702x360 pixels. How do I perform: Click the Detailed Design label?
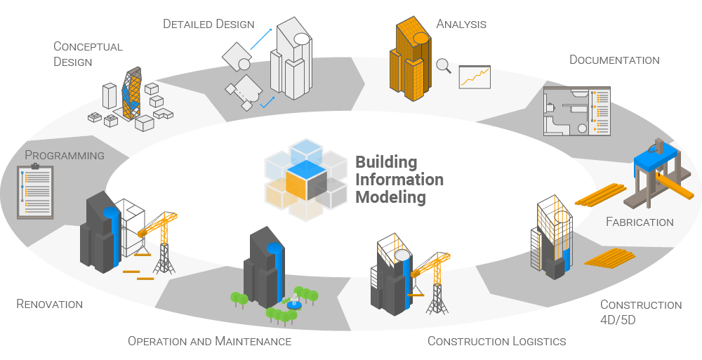click(208, 24)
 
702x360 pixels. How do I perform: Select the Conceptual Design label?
click(88, 54)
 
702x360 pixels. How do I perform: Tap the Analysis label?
click(461, 24)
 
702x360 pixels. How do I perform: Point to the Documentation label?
click(614, 60)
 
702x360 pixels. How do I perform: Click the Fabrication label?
click(640, 222)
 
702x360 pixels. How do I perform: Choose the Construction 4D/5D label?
click(640, 311)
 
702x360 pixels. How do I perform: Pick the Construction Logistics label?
click(496, 341)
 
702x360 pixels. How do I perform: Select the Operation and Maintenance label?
click(209, 341)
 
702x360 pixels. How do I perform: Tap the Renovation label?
click(49, 304)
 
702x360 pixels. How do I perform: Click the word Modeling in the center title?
click(390, 197)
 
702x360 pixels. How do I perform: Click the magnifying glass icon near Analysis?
click(443, 66)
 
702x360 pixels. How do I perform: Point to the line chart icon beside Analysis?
click(474, 77)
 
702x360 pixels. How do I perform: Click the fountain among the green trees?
click(294, 302)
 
